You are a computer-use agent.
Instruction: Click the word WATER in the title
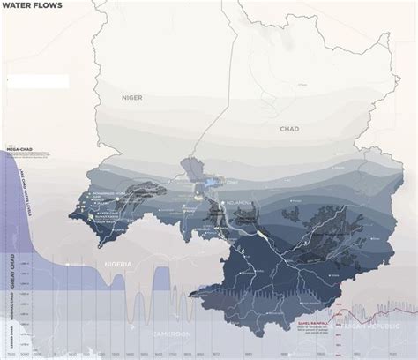(19, 5)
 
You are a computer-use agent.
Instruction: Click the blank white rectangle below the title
(34, 81)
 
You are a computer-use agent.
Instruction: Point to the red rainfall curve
(370, 318)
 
